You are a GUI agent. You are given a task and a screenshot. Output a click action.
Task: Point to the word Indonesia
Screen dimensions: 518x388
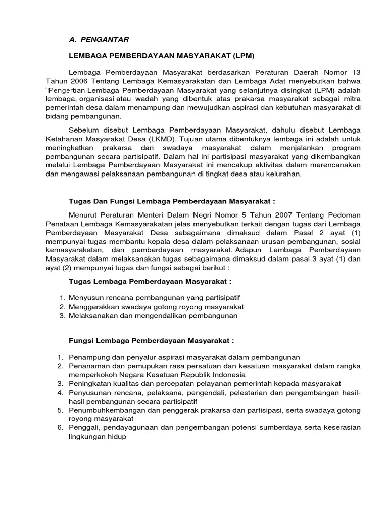229,375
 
